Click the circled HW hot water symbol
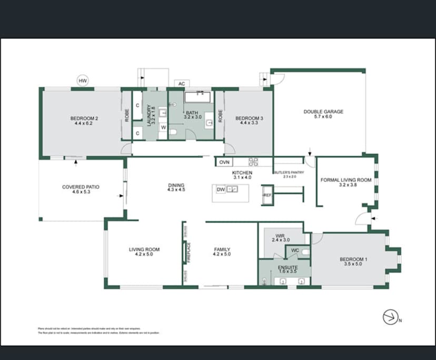point(82,81)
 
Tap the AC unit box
point(182,84)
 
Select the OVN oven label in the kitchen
point(225,162)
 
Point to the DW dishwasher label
point(221,189)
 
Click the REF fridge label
point(267,195)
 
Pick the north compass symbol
point(390,317)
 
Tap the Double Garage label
point(323,112)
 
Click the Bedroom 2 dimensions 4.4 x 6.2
point(84,123)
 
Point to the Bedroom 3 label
point(249,118)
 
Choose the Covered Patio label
point(81,187)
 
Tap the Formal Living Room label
point(346,180)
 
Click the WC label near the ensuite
point(295,250)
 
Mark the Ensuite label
point(288,267)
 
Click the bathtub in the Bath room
point(197,96)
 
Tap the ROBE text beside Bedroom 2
point(127,115)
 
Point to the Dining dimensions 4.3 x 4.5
point(176,190)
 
